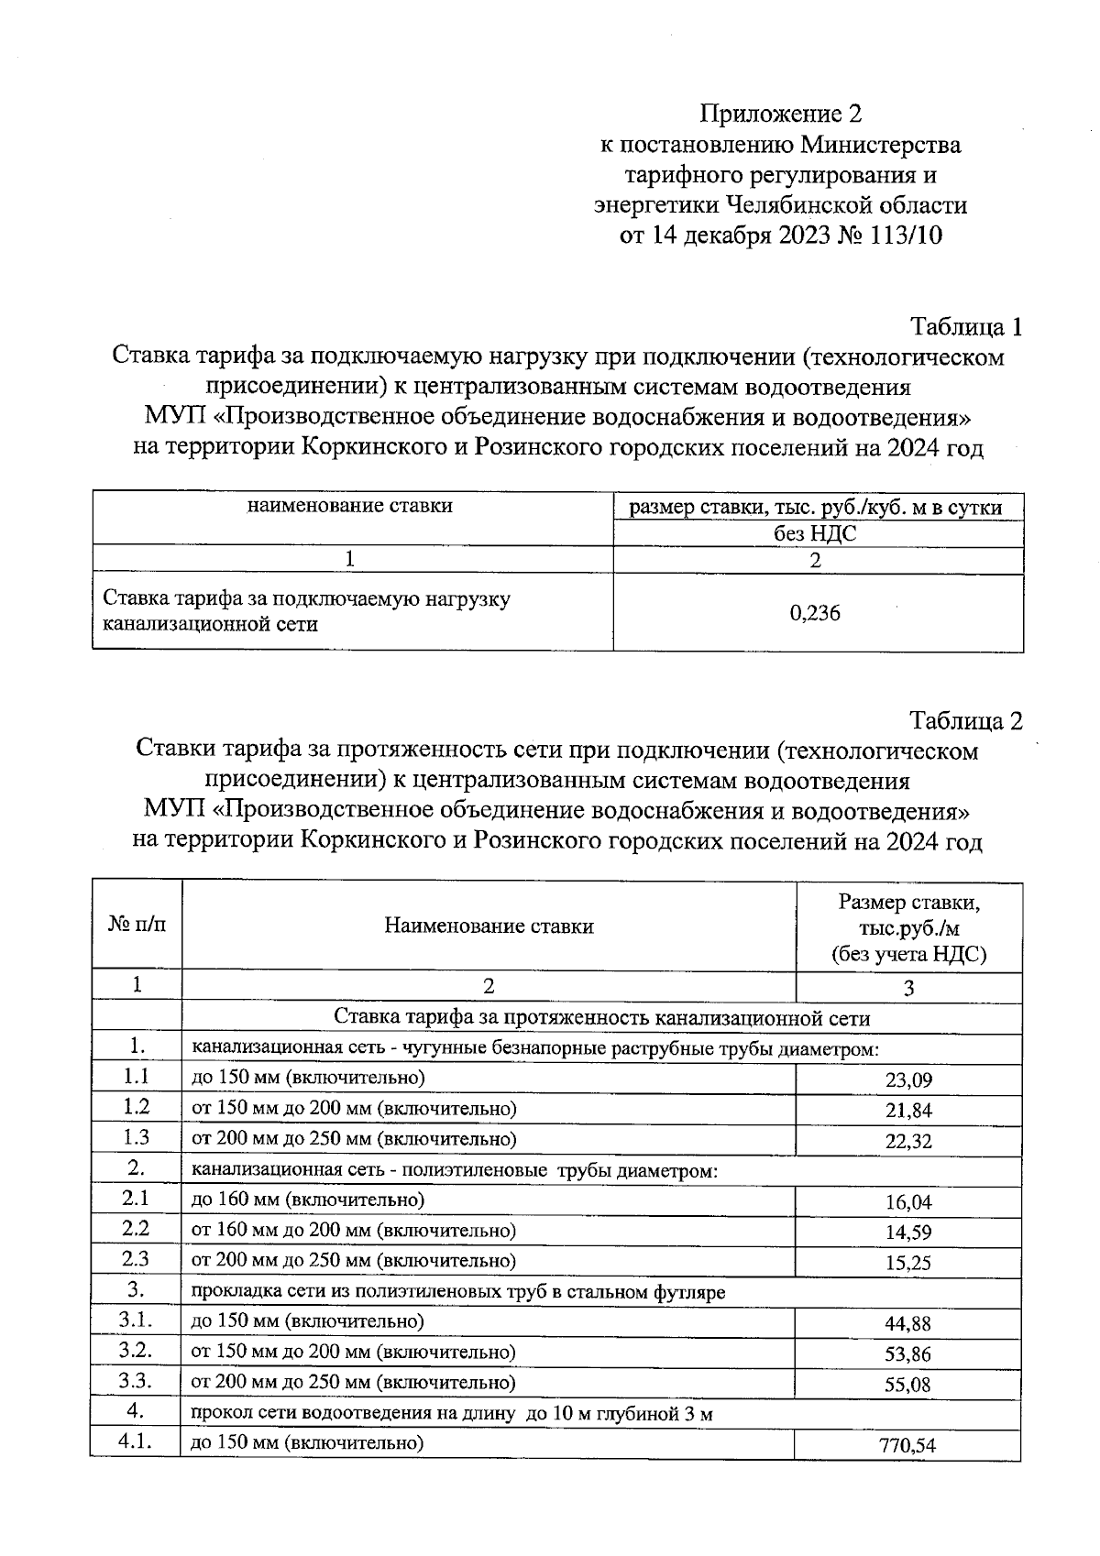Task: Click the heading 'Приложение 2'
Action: tap(781, 115)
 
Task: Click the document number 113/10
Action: tap(902, 236)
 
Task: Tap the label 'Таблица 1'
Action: tap(965, 327)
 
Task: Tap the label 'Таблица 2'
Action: tap(965, 720)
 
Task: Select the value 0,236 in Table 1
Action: tap(815, 613)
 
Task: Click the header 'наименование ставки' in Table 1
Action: tap(350, 505)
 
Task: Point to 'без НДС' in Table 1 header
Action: tap(815, 533)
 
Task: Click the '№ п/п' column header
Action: tap(137, 925)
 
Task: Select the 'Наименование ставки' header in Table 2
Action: tap(489, 926)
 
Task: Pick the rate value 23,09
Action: tap(908, 1080)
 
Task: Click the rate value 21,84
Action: tap(908, 1111)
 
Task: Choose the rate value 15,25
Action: tap(908, 1263)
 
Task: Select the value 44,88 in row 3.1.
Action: tap(908, 1323)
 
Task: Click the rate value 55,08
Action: tap(908, 1384)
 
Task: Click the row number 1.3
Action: tap(136, 1137)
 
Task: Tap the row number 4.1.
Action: tap(136, 1442)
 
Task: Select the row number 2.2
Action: tap(136, 1229)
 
